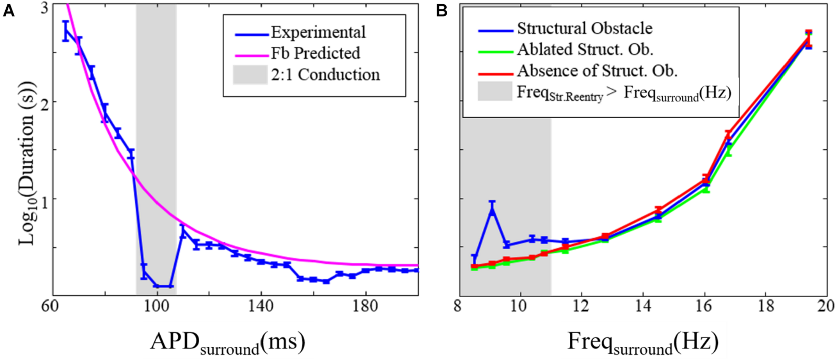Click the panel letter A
(8, 11)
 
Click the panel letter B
(442, 11)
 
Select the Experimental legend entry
(318, 33)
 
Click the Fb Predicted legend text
(315, 53)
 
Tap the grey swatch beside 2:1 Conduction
(250, 75)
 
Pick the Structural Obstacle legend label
(585, 29)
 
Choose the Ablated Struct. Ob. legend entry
(585, 50)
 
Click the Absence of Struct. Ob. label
(597, 71)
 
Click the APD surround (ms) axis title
(228, 343)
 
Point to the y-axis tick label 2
(44, 102)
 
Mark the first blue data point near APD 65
(66, 31)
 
